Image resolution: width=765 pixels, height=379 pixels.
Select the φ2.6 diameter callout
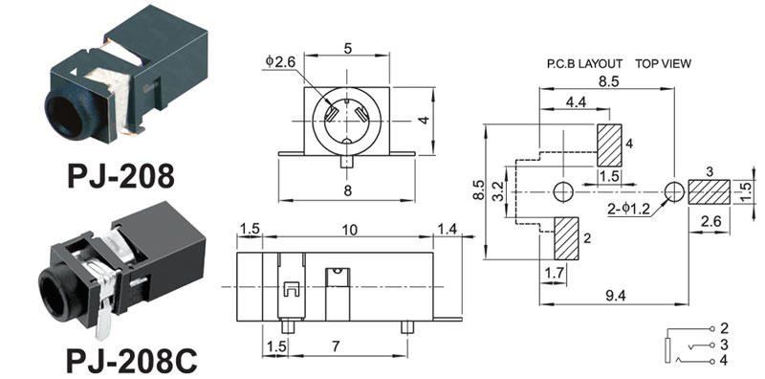(281, 61)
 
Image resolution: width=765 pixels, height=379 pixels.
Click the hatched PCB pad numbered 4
(609, 145)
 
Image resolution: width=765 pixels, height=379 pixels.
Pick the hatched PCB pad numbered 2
(566, 238)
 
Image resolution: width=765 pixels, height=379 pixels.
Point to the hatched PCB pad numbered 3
(710, 192)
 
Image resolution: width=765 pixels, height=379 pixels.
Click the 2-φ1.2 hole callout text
(628, 209)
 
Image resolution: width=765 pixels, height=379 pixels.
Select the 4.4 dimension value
(577, 101)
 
